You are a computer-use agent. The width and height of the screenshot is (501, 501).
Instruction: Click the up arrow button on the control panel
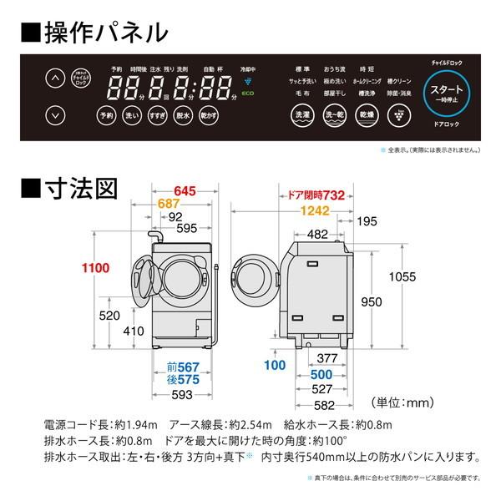[54, 79]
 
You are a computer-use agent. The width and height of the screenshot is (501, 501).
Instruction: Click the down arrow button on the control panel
[54, 114]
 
